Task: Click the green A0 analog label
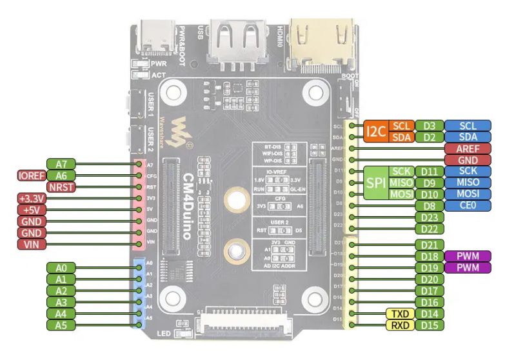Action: (62, 268)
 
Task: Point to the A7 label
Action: (62, 163)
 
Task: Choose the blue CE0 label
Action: (468, 206)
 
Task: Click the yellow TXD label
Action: (400, 314)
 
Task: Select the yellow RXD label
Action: (400, 325)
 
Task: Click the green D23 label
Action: (429, 217)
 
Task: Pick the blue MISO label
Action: (468, 183)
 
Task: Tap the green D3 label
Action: (429, 125)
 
